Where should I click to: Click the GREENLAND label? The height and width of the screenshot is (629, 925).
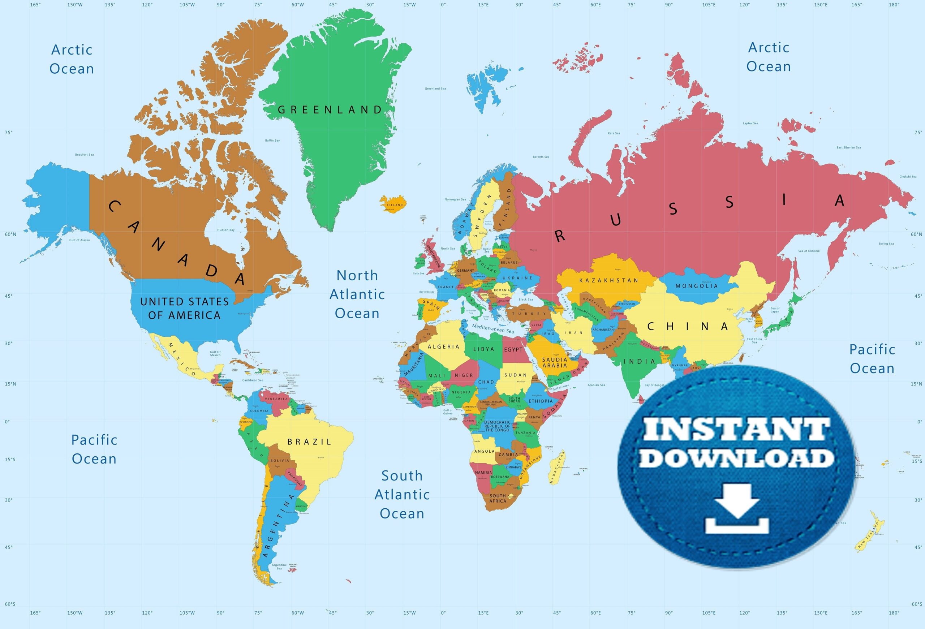click(330, 110)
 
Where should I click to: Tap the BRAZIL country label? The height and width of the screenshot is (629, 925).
click(309, 441)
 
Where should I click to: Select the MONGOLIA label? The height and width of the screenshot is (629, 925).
click(697, 286)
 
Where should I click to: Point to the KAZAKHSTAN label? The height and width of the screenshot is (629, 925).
click(608, 280)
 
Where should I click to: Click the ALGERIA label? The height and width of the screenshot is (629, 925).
click(443, 347)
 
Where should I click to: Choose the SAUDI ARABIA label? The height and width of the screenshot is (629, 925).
click(554, 362)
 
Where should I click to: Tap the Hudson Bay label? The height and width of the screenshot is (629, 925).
click(226, 230)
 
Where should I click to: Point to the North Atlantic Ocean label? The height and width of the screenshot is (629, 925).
click(357, 294)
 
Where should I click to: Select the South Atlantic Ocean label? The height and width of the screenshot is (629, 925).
click(402, 495)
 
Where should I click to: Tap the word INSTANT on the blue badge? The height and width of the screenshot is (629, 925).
click(736, 429)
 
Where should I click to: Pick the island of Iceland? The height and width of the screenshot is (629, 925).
click(393, 204)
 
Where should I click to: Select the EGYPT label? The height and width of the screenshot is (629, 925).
click(513, 350)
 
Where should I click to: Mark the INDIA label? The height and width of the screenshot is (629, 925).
click(639, 362)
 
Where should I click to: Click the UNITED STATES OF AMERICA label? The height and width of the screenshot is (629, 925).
click(184, 308)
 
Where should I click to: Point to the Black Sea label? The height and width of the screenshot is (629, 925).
click(526, 300)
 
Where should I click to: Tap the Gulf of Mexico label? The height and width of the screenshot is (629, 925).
click(215, 353)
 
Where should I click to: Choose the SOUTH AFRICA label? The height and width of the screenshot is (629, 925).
click(498, 498)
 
